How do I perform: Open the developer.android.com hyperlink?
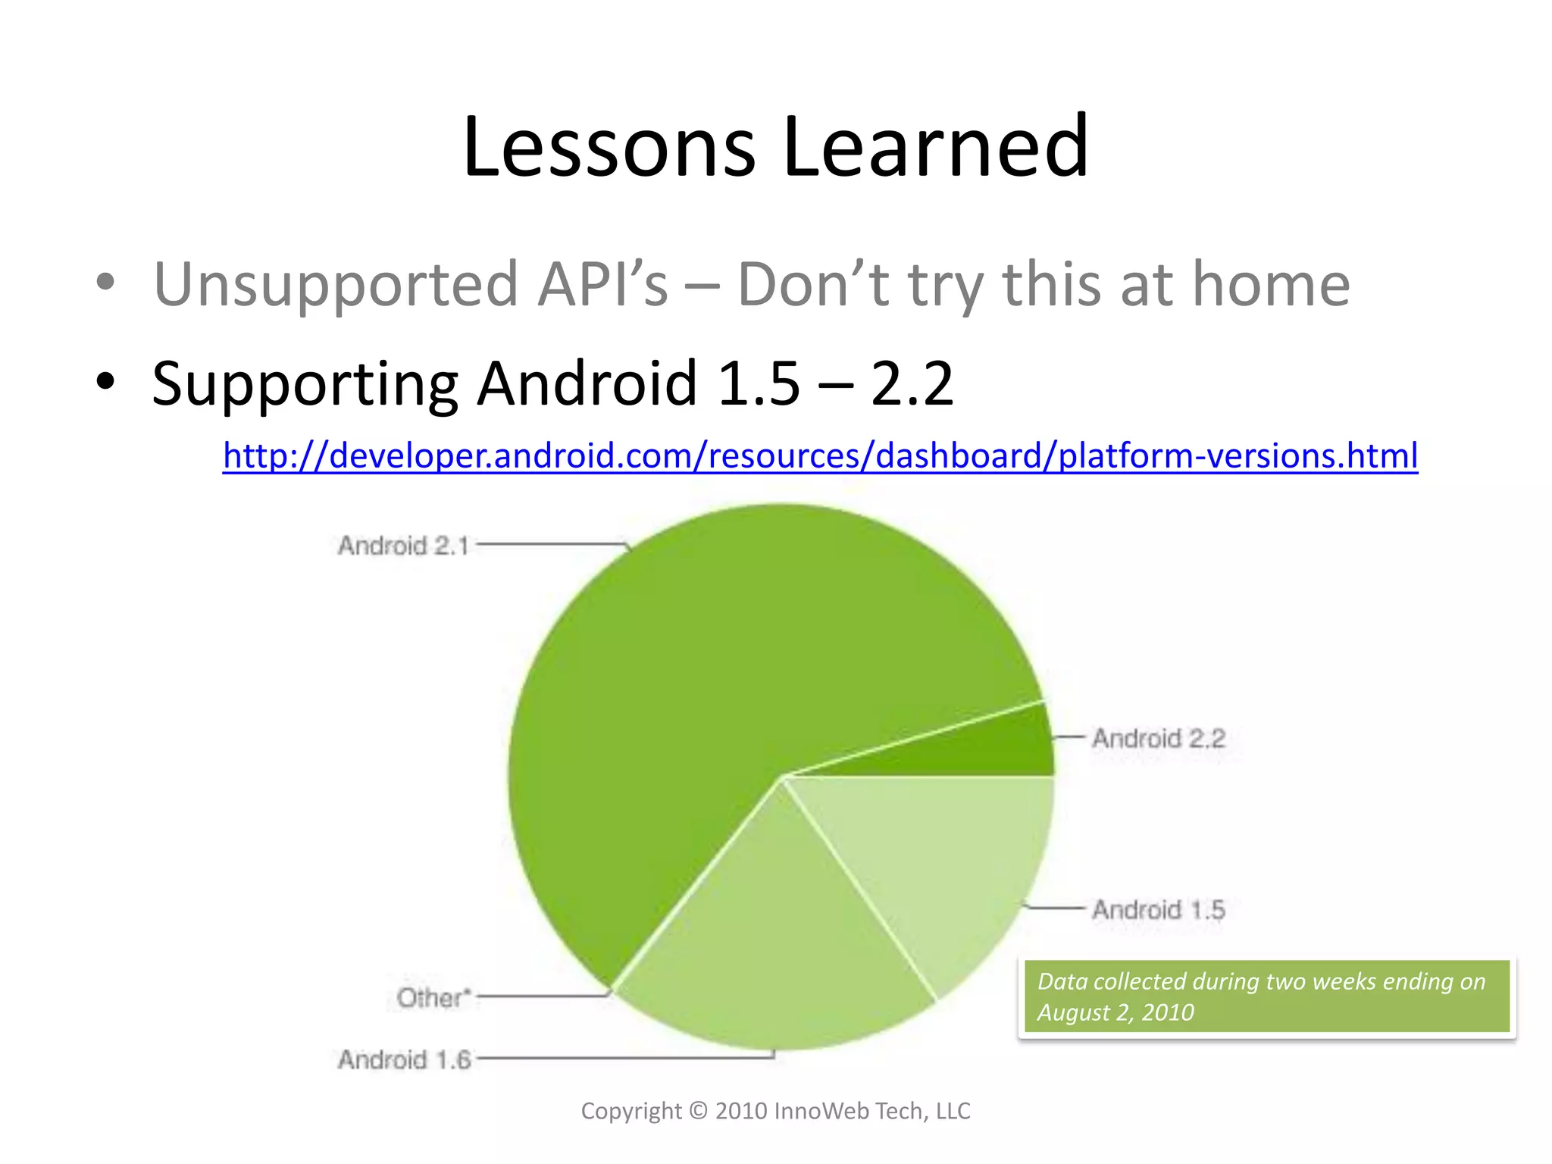[x=820, y=455]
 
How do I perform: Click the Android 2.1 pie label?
[x=403, y=546]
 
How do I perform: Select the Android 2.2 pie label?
[x=1158, y=738]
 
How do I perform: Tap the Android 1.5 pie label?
[x=1158, y=909]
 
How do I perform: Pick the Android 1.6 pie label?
[x=404, y=1059]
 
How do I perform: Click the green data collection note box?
[x=1266, y=996]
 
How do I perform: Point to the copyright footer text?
[x=775, y=1111]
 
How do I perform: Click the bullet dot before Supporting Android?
[x=105, y=381]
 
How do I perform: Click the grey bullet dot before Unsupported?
[x=105, y=282]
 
